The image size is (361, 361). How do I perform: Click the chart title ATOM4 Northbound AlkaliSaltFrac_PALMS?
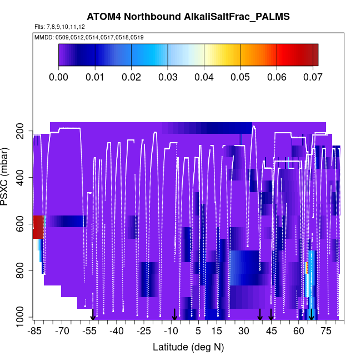point(188,17)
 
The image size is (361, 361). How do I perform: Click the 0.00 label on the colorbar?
point(58,77)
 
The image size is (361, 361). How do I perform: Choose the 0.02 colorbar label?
point(131,77)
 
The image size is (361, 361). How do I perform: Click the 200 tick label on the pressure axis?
point(23,131)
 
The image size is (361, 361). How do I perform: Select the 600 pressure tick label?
point(23,224)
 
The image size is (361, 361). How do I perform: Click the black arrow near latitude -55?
point(93,315)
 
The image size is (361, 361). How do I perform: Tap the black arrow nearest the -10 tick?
point(174,314)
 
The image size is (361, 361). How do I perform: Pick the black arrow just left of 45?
point(259,314)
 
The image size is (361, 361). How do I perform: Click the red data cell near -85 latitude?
point(38,227)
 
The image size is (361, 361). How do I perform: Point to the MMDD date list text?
point(89,37)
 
